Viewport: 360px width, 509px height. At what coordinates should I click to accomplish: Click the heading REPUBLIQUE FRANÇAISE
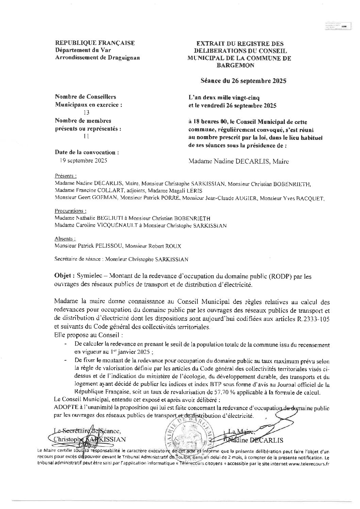[x=95, y=43]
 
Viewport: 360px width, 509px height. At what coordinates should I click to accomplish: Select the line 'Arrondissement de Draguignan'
[x=97, y=57]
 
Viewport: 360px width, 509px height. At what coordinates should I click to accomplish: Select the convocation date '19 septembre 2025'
[x=83, y=160]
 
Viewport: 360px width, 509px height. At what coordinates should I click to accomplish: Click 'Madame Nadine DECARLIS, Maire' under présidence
[x=239, y=162]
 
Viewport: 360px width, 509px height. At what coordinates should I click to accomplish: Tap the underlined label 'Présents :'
[x=65, y=176]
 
